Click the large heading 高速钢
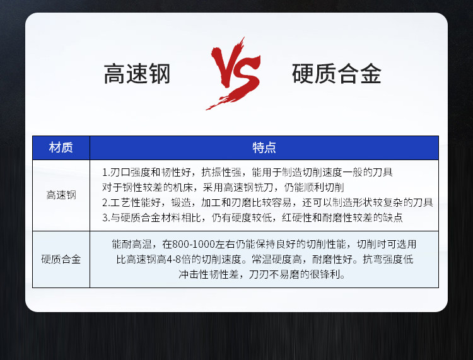(x=137, y=74)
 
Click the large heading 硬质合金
(x=337, y=74)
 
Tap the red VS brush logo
(x=233, y=74)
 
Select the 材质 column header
(x=61, y=148)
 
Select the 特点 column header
(x=264, y=148)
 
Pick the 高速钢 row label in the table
(x=61, y=195)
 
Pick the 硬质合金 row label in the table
(x=61, y=259)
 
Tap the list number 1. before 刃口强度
(x=105, y=173)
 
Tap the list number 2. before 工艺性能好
(x=105, y=202)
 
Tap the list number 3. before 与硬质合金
(x=105, y=218)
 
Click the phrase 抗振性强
(x=221, y=173)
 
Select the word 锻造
(x=181, y=202)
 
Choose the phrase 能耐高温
(x=132, y=244)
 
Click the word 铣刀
(x=264, y=187)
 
